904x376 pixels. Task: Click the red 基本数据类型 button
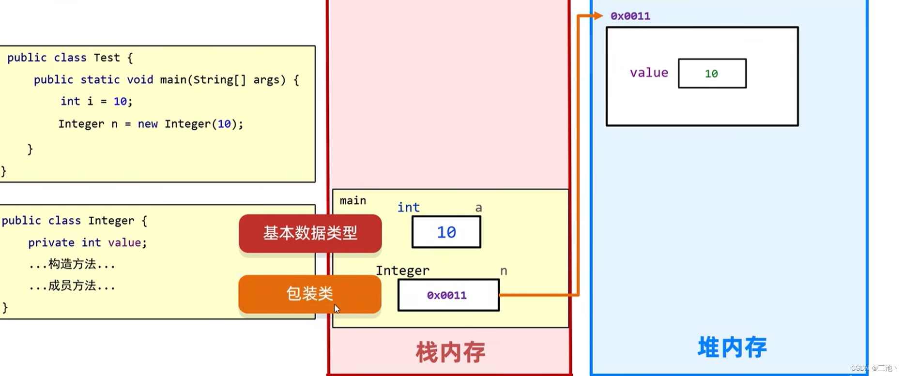(310, 233)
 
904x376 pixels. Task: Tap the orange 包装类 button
(309, 294)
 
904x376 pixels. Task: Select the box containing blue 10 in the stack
(446, 232)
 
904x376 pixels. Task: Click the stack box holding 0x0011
(448, 295)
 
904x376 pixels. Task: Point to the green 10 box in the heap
(712, 74)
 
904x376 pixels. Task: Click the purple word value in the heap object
(649, 73)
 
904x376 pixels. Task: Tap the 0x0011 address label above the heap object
(630, 16)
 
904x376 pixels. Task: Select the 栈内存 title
(450, 352)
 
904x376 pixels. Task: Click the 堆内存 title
(732, 347)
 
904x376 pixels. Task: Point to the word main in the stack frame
(353, 200)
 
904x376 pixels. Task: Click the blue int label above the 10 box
(408, 208)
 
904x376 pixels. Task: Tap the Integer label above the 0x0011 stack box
(402, 271)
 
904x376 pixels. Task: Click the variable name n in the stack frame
(504, 271)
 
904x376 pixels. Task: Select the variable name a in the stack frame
(478, 208)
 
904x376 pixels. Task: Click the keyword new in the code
(148, 124)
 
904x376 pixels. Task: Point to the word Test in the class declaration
(107, 58)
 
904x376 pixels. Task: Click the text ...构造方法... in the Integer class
(72, 264)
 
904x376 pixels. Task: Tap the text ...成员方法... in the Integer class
(72, 286)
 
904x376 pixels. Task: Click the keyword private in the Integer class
(51, 242)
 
